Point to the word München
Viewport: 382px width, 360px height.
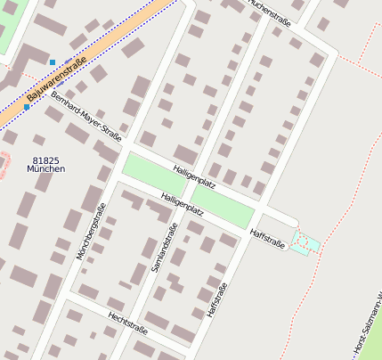point(45,168)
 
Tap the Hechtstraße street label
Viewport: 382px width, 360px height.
point(126,322)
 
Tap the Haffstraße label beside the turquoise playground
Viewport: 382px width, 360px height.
point(267,238)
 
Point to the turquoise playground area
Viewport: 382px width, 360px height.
point(305,242)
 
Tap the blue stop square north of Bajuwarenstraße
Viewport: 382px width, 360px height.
point(53,61)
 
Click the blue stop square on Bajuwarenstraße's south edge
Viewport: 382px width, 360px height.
point(27,107)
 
